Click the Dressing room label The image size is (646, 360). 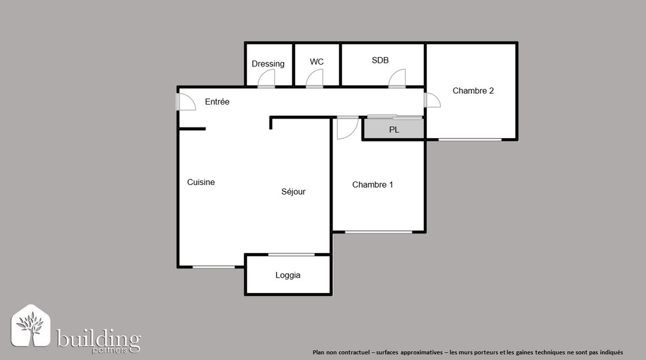[x=268, y=64]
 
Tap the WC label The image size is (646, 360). [x=317, y=62]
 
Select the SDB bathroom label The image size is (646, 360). [x=380, y=60]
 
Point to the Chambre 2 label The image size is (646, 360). [x=473, y=90]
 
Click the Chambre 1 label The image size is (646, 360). [x=372, y=184]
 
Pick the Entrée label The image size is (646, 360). [x=217, y=102]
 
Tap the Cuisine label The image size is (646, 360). [x=201, y=182]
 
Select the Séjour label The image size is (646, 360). [x=293, y=191]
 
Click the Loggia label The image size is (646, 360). [x=288, y=275]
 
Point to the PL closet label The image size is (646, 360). [x=394, y=130]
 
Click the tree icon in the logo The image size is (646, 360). [x=31, y=325]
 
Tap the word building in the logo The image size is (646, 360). [x=99, y=339]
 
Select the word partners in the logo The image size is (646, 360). [x=110, y=351]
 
